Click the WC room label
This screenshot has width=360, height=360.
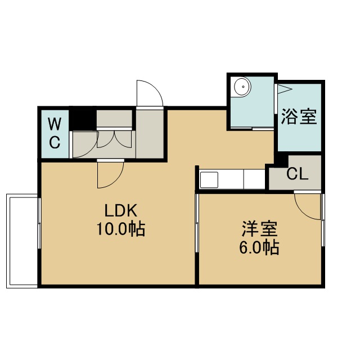tap(55, 133)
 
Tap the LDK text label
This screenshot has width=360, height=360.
tap(121, 210)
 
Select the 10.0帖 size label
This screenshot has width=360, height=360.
tap(121, 229)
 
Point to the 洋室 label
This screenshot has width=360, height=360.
tap(259, 229)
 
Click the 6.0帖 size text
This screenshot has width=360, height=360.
tap(259, 247)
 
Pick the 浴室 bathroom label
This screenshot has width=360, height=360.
tap(299, 116)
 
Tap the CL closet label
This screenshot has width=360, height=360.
tap(297, 174)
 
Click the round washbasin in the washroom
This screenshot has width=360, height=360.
tap(242, 87)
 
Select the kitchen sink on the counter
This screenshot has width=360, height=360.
tap(209, 179)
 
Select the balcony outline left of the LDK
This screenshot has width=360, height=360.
tap(7, 241)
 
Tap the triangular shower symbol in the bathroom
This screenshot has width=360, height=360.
tap(285, 89)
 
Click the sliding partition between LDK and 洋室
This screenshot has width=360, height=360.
tap(197, 223)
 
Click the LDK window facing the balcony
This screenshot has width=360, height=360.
tap(39, 223)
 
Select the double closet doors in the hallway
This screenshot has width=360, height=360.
tap(114, 139)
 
